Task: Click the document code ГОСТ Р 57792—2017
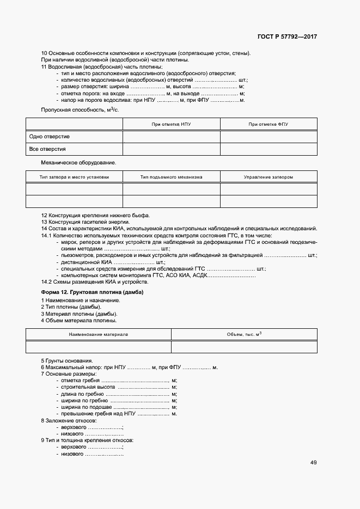288,37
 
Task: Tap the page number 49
314,463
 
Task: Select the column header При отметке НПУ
171,125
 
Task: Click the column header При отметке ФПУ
268,125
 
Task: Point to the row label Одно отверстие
50,137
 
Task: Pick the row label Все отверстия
48,149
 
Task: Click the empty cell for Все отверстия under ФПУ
268,149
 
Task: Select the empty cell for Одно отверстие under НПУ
171,137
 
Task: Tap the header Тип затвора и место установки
74,177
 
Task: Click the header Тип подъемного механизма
171,177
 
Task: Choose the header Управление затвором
268,177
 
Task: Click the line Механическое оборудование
78,163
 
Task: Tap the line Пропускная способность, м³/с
80,110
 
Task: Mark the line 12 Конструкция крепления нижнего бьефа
95,216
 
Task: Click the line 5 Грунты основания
67,361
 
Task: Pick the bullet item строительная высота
88,387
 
